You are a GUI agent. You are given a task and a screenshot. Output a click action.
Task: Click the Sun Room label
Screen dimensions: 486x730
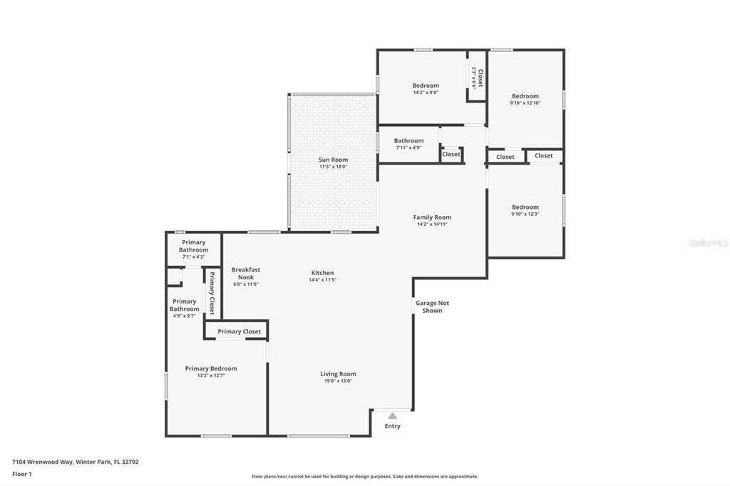(333, 160)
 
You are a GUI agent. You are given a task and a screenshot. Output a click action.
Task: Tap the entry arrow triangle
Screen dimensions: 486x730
(392, 415)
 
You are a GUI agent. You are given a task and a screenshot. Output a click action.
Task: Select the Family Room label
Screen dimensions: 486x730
(432, 217)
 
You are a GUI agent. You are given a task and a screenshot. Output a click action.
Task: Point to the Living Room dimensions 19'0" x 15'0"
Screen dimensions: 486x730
(338, 381)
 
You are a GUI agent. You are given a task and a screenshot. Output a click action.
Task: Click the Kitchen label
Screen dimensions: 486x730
(322, 273)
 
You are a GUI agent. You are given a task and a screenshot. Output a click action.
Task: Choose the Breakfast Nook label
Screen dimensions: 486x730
(245, 273)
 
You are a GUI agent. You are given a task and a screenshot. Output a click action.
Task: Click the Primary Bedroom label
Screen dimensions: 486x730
(211, 368)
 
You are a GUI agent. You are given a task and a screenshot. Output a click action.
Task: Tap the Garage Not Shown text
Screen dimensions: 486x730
(432, 306)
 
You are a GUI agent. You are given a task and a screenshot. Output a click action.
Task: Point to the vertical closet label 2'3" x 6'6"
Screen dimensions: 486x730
(477, 78)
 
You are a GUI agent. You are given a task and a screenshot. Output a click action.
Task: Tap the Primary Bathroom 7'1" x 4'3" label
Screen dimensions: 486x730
(193, 247)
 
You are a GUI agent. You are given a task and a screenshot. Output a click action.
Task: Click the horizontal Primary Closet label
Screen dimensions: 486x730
(239, 331)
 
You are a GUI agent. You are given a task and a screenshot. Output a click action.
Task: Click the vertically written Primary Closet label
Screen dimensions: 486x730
(211, 292)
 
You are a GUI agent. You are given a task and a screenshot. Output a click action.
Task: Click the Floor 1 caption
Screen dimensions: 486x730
(22, 474)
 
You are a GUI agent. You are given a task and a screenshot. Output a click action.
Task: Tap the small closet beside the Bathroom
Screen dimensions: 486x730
(451, 154)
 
